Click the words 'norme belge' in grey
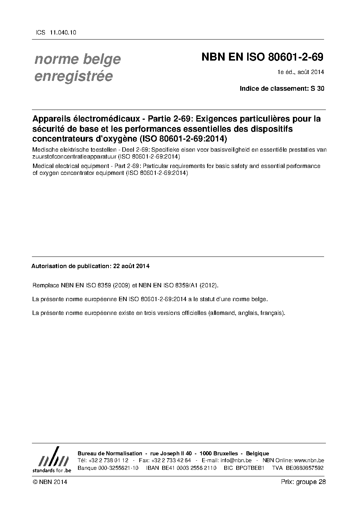click(77, 59)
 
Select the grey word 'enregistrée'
click(73, 76)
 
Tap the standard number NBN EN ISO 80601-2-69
click(262, 57)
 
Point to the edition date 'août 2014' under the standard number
click(311, 72)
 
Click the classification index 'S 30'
click(318, 88)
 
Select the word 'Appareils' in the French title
click(50, 119)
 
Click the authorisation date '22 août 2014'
click(131, 266)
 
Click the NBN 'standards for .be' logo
click(52, 460)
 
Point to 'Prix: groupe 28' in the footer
click(303, 482)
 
